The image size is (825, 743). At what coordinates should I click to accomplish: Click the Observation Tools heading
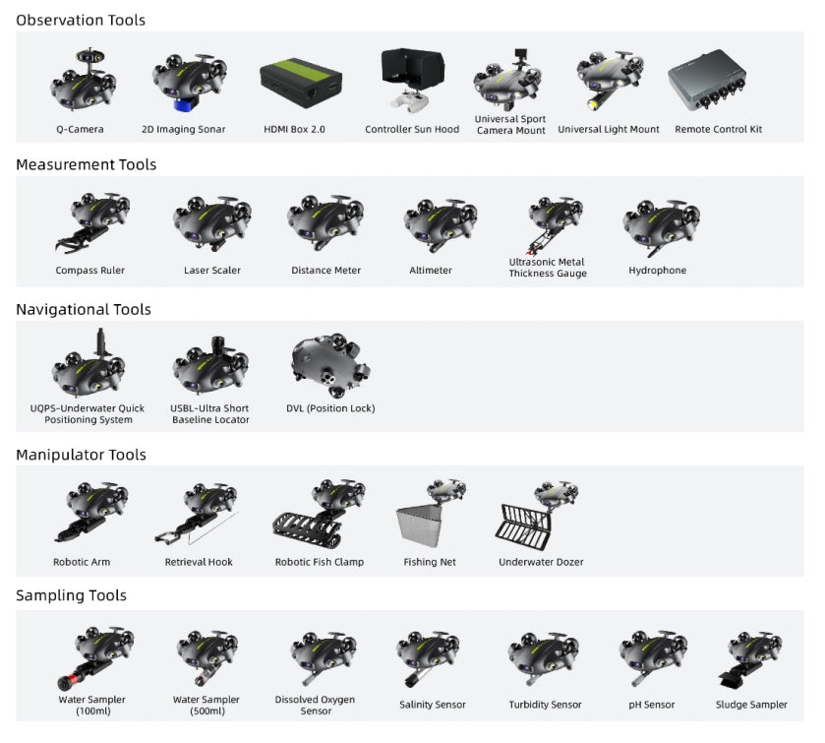81,20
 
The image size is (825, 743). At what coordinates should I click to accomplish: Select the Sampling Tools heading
71,595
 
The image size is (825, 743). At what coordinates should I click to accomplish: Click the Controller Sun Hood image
412,79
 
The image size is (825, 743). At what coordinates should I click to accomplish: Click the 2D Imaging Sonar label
183,129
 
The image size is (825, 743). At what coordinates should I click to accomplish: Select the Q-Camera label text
80,129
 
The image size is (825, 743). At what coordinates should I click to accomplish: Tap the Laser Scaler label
211,270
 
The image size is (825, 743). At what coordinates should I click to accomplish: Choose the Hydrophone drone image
660,225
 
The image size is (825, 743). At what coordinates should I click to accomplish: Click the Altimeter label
431,270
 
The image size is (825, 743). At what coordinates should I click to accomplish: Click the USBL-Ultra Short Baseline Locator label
210,414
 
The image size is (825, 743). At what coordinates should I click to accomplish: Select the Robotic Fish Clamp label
319,562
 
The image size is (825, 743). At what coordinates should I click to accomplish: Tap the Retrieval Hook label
199,562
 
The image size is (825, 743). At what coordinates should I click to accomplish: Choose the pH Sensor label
653,705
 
